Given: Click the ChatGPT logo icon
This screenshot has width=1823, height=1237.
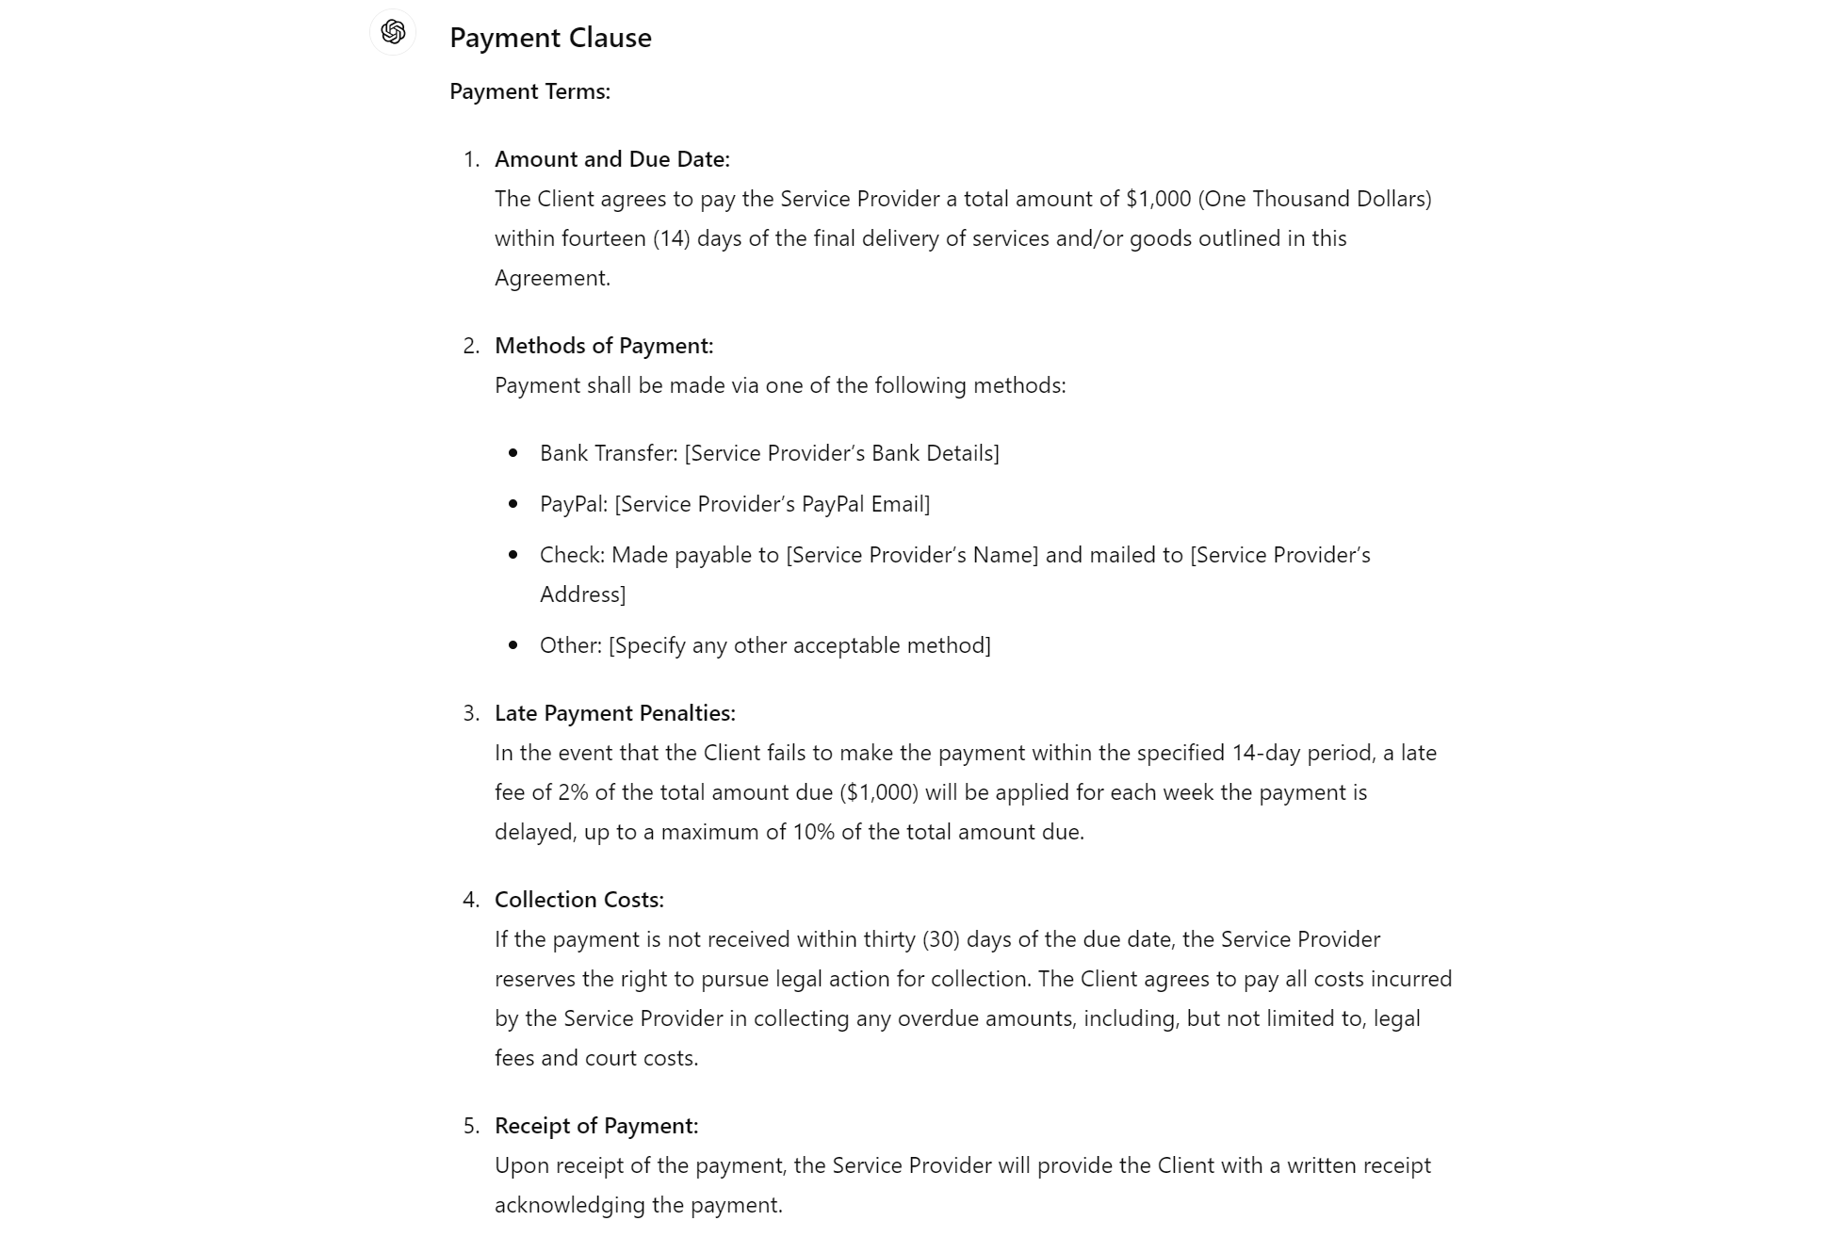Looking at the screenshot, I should pos(393,32).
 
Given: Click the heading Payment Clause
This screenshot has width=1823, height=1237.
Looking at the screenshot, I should pos(550,38).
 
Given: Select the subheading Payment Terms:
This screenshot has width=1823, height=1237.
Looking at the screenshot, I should pos(529,91).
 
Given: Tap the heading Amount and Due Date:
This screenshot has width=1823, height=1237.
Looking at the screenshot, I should pos(611,159).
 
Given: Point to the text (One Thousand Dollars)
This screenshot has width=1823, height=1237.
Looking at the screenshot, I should pos(1314,199).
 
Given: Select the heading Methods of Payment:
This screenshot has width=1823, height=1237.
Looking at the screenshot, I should pos(604,346).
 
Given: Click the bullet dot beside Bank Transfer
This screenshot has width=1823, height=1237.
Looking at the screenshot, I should pos(513,453).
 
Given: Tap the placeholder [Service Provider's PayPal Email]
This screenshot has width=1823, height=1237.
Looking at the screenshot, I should pos(772,504).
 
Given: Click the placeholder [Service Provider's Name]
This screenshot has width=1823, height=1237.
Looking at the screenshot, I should pos(912,555).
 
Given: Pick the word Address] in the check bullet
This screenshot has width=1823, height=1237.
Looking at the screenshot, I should pos(582,594).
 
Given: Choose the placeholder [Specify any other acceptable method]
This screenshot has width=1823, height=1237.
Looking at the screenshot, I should pos(799,645).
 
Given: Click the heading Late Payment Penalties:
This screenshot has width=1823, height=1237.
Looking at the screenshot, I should pos(614,713).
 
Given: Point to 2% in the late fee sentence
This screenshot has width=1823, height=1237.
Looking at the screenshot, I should pos(573,792).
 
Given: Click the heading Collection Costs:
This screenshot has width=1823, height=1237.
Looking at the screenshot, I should pos(578,900).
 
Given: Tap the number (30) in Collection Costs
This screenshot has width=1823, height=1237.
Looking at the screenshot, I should pos(941,939).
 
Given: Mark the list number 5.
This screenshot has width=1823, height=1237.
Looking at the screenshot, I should pos(470,1126).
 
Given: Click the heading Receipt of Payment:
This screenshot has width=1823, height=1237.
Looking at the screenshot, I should pos(596,1126).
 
